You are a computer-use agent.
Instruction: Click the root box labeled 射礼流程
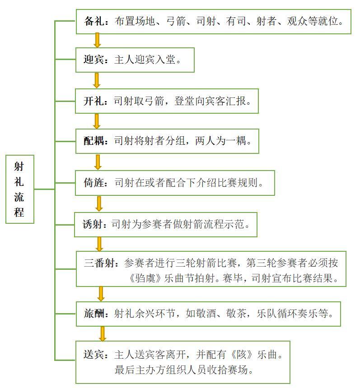[20, 189]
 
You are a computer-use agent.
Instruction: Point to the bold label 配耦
[94, 141]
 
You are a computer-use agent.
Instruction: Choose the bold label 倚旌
[94, 183]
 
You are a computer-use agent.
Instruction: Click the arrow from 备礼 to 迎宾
[97, 40]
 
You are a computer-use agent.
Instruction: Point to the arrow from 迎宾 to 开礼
[97, 80]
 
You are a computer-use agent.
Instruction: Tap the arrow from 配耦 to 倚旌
[98, 162]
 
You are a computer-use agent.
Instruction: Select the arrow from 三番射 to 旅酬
[101, 294]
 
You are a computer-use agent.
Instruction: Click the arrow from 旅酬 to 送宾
[102, 334]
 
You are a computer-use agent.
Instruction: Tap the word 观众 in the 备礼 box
[297, 21]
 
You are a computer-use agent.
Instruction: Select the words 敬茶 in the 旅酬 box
[236, 314]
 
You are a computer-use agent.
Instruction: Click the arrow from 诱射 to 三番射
[99, 244]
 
